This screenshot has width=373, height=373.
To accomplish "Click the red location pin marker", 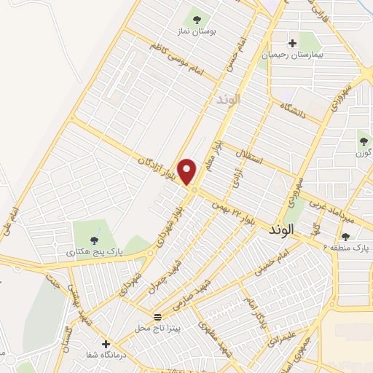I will (188, 171).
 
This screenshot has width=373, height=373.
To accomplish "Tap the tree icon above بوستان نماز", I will (196, 17).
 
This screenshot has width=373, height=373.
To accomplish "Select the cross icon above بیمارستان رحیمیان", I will (293, 43).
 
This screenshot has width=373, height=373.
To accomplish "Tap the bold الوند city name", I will (280, 229).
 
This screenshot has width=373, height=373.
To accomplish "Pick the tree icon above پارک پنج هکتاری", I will (92, 240).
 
